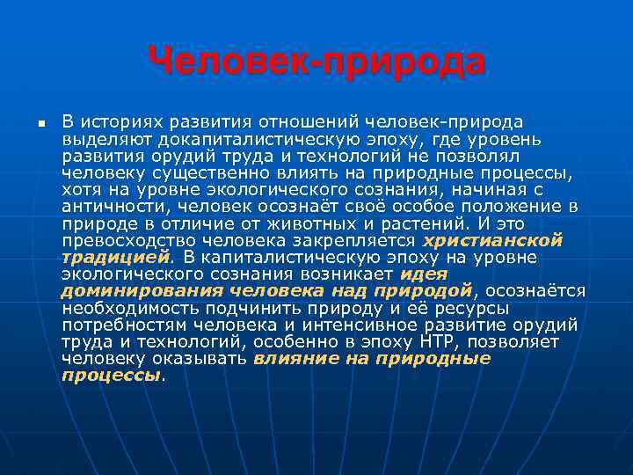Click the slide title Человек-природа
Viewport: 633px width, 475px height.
tap(316, 62)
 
